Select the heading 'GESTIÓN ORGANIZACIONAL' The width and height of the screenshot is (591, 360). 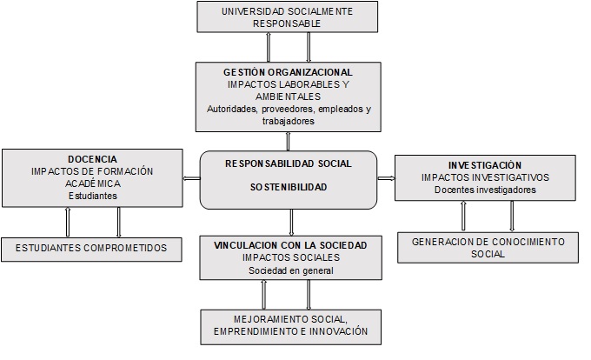287,71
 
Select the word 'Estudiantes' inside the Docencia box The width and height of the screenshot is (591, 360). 91,197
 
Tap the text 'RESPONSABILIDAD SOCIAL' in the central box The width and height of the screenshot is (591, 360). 289,163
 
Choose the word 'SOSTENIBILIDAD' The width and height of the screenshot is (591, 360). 289,187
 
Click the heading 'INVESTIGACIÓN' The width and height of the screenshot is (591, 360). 485,164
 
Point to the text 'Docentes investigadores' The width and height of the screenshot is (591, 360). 485,190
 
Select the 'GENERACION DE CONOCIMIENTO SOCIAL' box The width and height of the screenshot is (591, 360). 488,247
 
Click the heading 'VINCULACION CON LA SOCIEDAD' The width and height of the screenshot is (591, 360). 289,245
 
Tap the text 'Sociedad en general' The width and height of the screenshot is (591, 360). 289,270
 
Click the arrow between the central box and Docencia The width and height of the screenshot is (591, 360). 191,179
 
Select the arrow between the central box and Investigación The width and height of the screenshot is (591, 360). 387,179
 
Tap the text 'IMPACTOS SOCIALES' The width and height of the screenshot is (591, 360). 289,258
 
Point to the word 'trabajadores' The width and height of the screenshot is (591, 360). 287,122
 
